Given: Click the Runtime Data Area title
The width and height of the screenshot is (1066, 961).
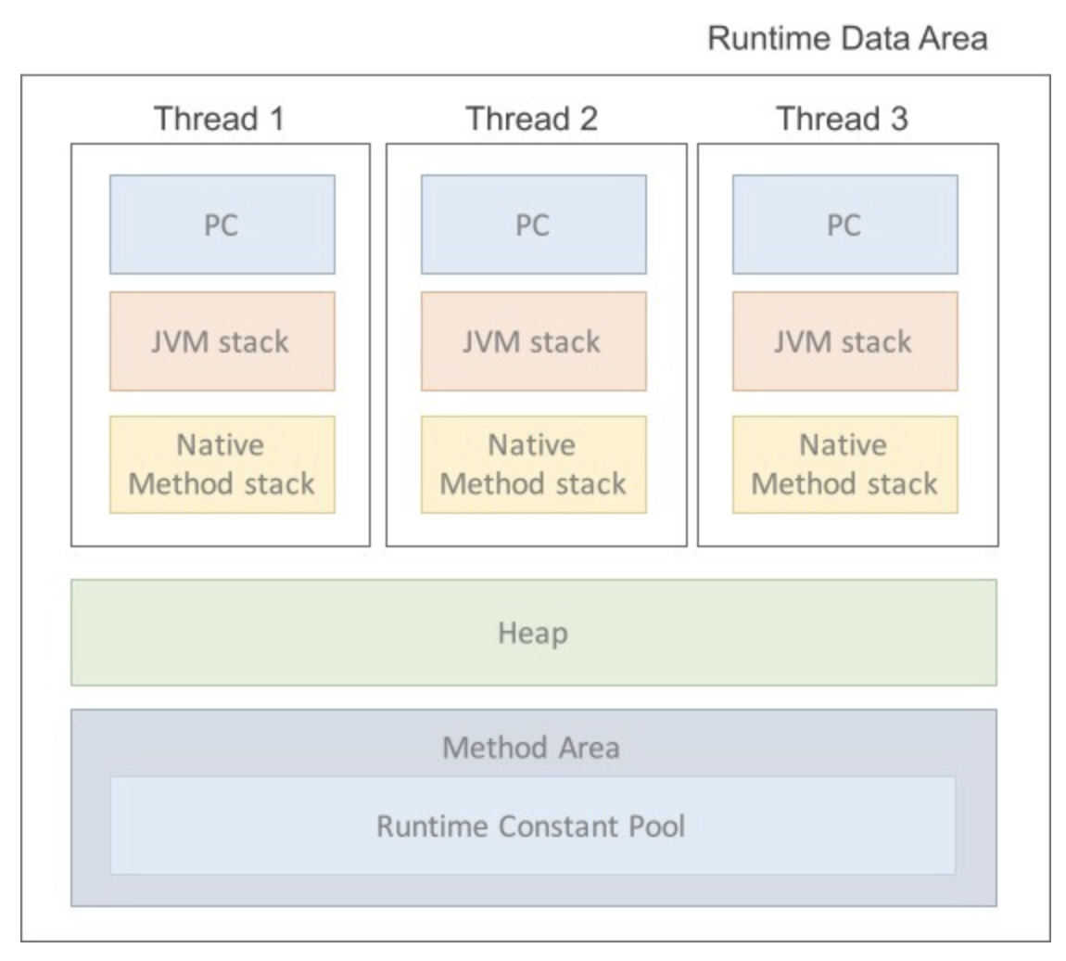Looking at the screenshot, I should (x=846, y=39).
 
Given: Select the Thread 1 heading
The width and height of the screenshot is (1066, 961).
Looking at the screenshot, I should (x=220, y=120).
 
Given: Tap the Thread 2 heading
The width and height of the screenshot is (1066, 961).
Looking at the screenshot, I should (x=532, y=120).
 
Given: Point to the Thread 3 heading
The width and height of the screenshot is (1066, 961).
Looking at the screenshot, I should (x=844, y=120).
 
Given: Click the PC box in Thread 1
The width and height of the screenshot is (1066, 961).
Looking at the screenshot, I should (x=222, y=224).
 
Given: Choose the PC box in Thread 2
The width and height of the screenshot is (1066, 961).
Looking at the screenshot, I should (x=533, y=224).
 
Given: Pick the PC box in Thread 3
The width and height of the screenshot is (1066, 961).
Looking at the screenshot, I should (x=844, y=224).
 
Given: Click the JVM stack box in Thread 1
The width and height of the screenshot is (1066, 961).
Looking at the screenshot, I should (x=222, y=341).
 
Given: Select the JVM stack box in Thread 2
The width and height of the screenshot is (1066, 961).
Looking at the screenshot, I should (x=533, y=341).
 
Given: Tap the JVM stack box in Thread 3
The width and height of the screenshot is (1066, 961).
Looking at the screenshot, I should (x=844, y=341).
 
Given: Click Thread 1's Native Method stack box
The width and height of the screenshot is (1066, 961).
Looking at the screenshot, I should (x=222, y=464).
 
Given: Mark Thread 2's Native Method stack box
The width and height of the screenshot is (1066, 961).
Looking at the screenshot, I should (x=533, y=464).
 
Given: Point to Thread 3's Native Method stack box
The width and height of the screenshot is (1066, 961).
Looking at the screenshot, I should (x=844, y=464).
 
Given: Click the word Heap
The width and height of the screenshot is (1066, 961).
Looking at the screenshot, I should (x=533, y=634).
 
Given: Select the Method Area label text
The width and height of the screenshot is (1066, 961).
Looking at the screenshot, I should (x=531, y=747).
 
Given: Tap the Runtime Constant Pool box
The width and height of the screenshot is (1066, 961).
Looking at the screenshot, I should (x=532, y=826).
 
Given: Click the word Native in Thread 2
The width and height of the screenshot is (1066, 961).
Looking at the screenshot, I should (x=532, y=445).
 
